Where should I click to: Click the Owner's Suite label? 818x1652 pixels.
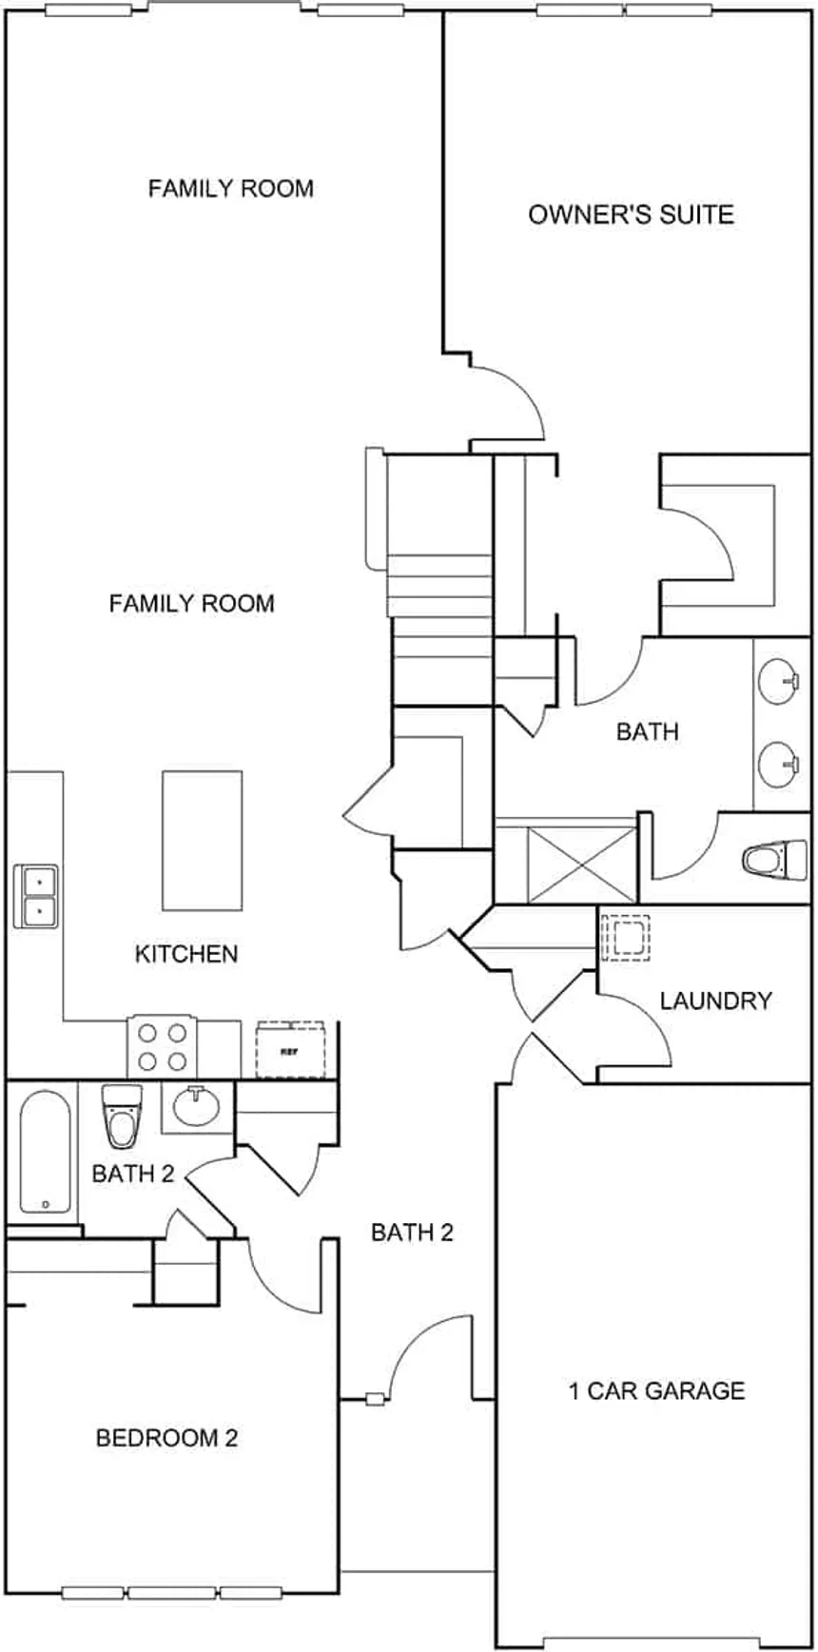coord(631,214)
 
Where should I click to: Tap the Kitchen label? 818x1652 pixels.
coord(186,954)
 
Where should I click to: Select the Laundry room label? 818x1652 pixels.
coord(715,1001)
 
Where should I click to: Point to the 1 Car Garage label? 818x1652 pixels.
coord(656,1391)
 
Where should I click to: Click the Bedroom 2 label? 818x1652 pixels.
coord(166,1438)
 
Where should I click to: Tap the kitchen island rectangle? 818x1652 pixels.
coord(202,840)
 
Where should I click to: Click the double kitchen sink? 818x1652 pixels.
coord(36,896)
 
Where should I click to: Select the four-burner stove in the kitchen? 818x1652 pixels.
coord(162,1046)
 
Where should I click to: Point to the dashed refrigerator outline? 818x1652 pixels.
coord(290,1050)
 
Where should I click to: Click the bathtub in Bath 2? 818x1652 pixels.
coord(45,1152)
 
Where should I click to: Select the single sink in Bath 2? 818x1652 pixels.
coord(196,1106)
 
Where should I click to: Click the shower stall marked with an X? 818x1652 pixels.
coord(581,864)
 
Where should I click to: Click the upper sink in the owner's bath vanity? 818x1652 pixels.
coord(780,681)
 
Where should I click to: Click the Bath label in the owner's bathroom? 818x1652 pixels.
coord(647,731)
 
